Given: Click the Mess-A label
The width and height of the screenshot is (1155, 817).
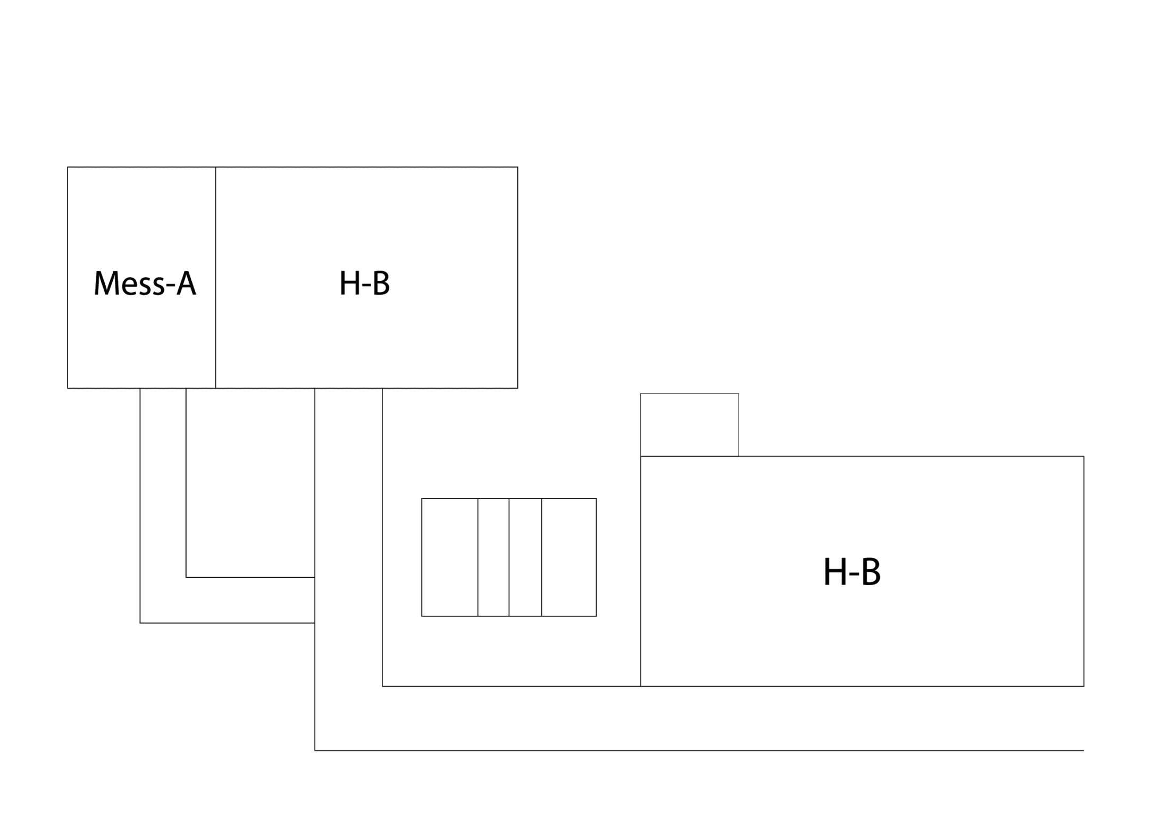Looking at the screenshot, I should coord(145,283).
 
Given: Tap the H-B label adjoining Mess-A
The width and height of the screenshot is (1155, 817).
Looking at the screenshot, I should coord(365,283).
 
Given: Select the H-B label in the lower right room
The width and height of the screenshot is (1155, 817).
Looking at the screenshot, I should coord(852,572).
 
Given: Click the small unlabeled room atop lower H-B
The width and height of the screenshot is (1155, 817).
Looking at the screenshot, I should coord(689,424).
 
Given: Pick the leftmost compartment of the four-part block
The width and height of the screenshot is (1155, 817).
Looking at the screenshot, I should coord(449,557).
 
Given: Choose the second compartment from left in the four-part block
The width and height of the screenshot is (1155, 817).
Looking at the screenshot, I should coord(493,557).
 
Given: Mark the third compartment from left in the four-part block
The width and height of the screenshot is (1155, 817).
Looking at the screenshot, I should coord(525,557).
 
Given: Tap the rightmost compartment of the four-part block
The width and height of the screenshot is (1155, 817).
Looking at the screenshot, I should coord(569,557).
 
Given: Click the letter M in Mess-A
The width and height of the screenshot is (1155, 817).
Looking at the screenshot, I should coord(107,283).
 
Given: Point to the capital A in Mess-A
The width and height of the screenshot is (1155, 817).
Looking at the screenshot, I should coord(186,283).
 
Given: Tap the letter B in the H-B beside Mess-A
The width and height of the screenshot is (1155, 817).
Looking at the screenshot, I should coord(381,283).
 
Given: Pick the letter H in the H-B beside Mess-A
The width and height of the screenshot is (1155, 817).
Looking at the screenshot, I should coord(350,283).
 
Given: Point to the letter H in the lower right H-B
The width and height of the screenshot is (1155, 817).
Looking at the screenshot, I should coord(834,572).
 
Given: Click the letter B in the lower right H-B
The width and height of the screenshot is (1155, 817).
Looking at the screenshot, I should coord(871,572).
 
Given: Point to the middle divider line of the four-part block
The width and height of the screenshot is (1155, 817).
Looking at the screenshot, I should coord(509,557).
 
